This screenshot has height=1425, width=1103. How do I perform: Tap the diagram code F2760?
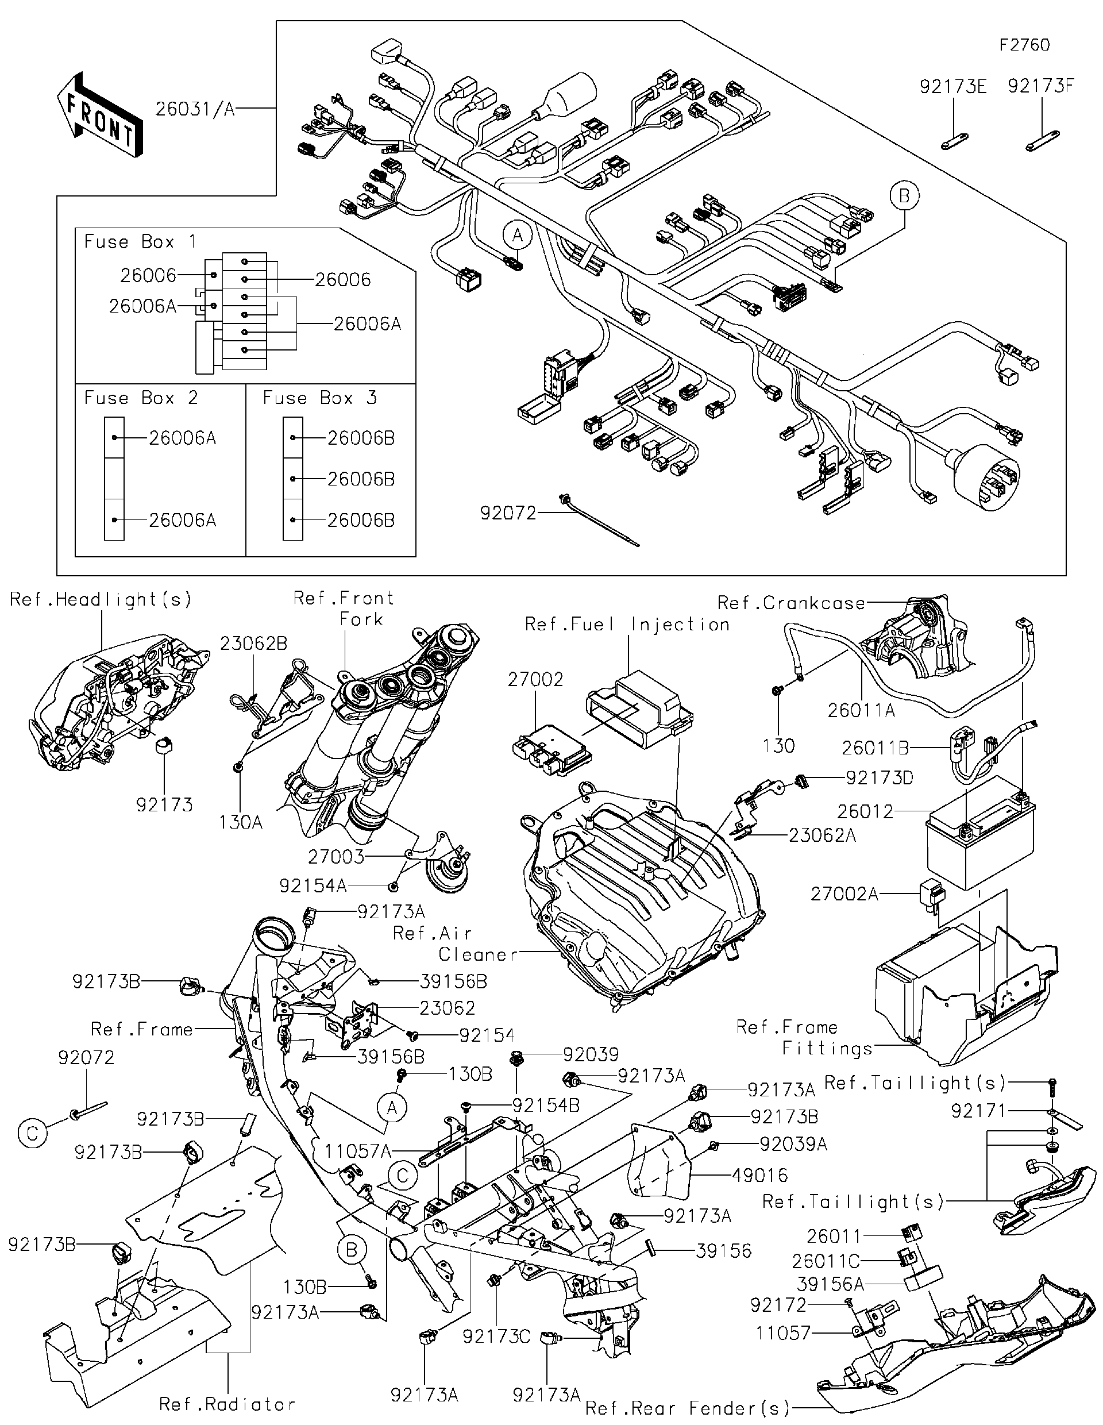tap(1025, 45)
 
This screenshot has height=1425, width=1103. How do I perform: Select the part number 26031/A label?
tap(194, 108)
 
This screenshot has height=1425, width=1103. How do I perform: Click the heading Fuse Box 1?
tap(140, 242)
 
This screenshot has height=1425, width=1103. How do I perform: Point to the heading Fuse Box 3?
tap(319, 398)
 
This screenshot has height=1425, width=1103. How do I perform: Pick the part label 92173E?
tap(953, 86)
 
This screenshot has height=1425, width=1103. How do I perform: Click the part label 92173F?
tap(1041, 86)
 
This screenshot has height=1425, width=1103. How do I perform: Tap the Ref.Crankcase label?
tap(790, 603)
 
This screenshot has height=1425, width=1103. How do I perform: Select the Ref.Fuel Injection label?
tap(627, 625)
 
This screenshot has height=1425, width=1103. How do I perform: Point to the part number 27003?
tap(336, 856)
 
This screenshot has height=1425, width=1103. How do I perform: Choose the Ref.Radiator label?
tap(227, 1404)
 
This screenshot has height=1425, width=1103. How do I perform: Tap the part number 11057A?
tap(357, 1151)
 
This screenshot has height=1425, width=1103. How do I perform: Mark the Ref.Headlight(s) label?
tap(101, 599)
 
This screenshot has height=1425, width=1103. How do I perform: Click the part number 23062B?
tap(253, 644)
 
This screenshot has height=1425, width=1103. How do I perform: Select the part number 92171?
tap(978, 1111)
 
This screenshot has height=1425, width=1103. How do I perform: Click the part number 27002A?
tap(844, 894)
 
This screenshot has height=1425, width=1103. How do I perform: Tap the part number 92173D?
tap(880, 778)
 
